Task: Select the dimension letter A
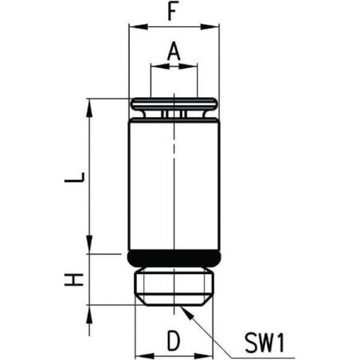(174, 52)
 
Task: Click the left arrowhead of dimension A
(156, 68)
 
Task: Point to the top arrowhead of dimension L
(88, 104)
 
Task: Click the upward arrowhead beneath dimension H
(88, 311)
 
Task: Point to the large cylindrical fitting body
(174, 183)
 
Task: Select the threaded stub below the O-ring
(174, 285)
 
